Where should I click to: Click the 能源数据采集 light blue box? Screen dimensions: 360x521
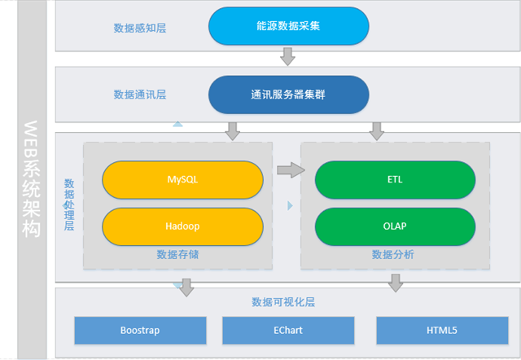[x=288, y=26]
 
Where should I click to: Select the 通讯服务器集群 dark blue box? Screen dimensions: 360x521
[x=288, y=94]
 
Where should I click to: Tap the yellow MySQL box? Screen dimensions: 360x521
[x=182, y=179]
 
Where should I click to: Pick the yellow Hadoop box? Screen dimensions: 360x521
[x=182, y=226]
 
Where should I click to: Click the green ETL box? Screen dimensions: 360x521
[x=395, y=179]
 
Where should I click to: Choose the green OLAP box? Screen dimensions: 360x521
[x=395, y=226]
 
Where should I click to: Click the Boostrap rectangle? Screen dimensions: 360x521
[x=139, y=330]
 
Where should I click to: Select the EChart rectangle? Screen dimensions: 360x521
[x=287, y=330]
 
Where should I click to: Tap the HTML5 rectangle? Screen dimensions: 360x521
[x=442, y=330]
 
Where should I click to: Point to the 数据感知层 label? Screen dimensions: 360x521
[x=140, y=28]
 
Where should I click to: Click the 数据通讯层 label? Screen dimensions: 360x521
[x=140, y=95]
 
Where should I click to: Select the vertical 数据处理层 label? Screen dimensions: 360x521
[x=69, y=204]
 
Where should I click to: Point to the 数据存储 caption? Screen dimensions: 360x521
[x=177, y=255]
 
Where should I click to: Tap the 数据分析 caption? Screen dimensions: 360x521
[x=393, y=255]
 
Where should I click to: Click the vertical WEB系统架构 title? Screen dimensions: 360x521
[x=30, y=179]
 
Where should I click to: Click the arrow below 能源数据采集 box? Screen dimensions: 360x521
[x=287, y=56]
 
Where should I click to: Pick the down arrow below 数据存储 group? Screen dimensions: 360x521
[x=187, y=286]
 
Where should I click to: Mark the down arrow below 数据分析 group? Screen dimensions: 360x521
[x=396, y=283]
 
